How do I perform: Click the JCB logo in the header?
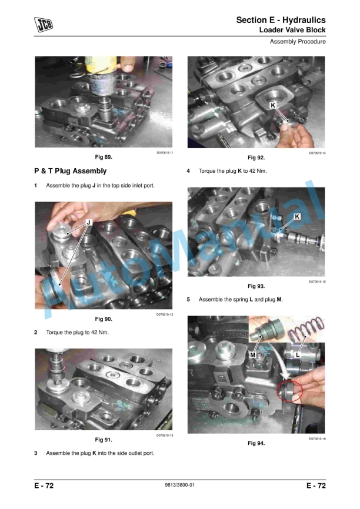coord(43,24)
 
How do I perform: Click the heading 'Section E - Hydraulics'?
coord(281,20)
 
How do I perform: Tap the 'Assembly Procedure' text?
coord(298,42)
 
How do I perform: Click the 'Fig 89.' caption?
coord(104,158)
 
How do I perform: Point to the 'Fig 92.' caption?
coord(256,158)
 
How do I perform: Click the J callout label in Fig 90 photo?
coord(88,222)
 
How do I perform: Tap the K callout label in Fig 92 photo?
coord(274,105)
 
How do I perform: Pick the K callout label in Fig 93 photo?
coord(297,217)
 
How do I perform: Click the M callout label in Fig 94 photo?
coord(253,355)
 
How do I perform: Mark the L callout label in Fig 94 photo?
coord(298,355)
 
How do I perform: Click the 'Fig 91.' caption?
coord(104,440)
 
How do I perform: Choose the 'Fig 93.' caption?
coord(256,286)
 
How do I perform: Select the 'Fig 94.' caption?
coord(256,443)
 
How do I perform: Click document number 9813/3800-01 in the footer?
coord(180,485)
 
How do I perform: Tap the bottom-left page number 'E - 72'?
coord(44,485)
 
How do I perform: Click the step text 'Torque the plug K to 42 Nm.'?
coord(233,171)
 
